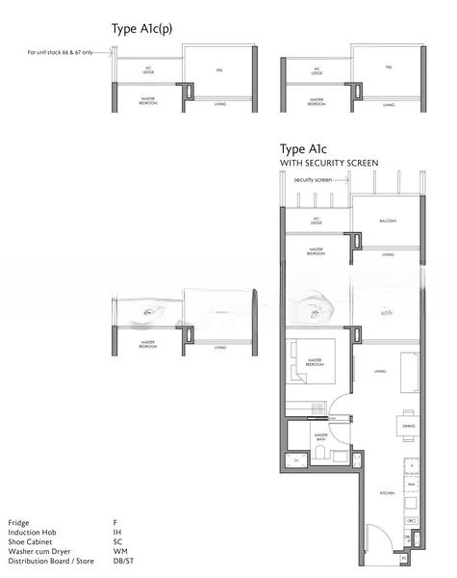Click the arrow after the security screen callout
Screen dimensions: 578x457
coord(342,179)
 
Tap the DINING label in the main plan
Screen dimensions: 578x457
coord(408,426)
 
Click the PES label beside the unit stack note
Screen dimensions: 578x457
coord(218,68)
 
